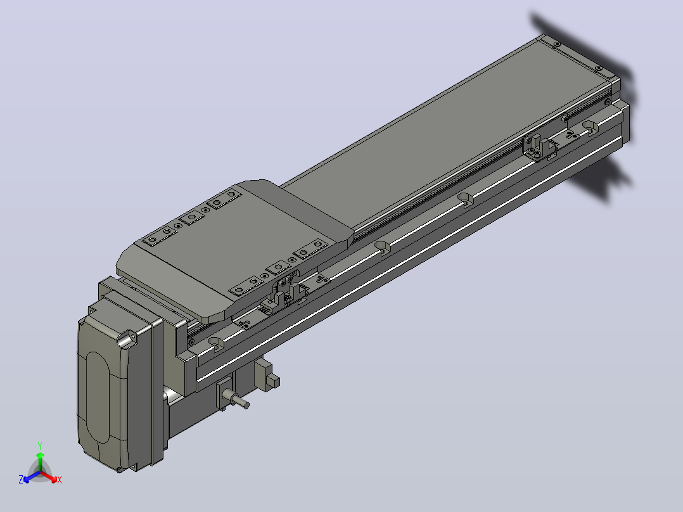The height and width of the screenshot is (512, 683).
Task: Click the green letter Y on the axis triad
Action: tap(40, 445)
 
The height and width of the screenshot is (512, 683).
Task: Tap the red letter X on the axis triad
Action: tap(60, 480)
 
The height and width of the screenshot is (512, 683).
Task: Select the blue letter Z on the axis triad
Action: tap(21, 480)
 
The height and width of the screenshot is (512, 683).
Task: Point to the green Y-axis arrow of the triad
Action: tap(40, 461)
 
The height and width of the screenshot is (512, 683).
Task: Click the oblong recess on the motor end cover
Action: tap(98, 397)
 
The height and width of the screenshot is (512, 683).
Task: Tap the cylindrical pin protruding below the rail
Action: tap(236, 399)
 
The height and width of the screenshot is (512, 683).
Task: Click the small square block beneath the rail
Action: tap(273, 382)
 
